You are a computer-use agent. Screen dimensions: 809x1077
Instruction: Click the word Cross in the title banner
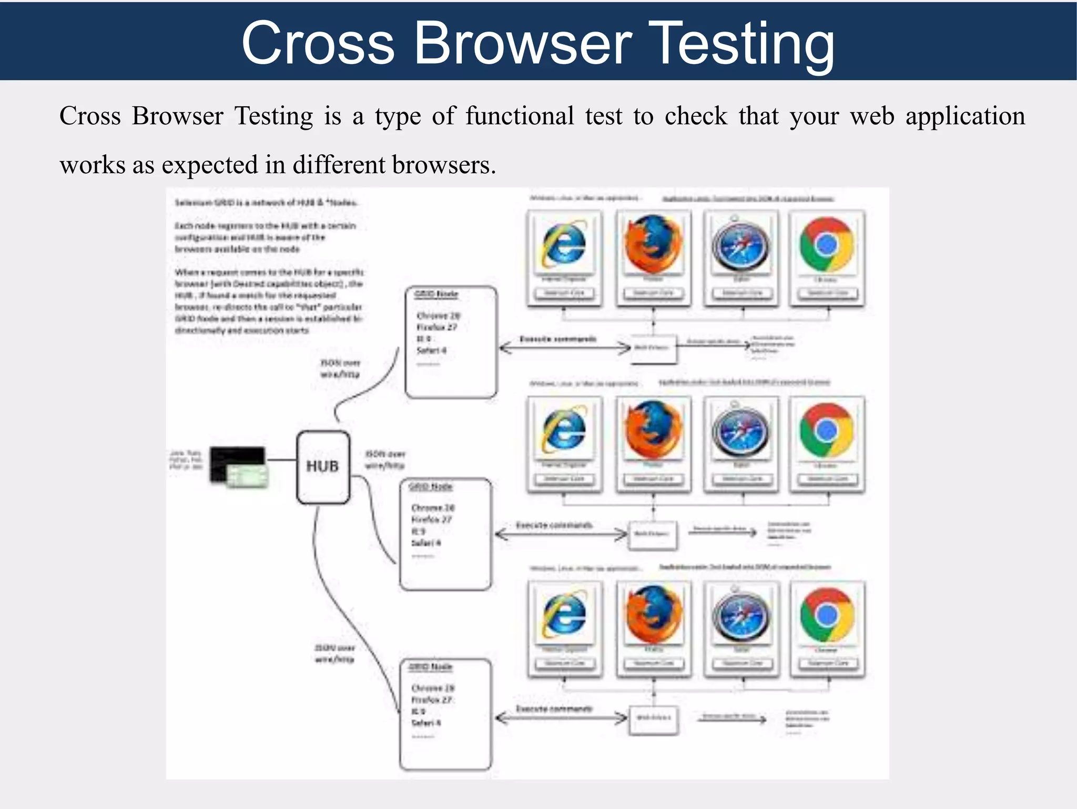[x=318, y=44]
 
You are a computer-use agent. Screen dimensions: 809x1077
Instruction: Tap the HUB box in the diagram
[x=323, y=467]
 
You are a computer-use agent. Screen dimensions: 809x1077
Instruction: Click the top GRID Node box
[x=451, y=342]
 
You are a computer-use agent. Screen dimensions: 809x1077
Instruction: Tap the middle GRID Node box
[x=445, y=534]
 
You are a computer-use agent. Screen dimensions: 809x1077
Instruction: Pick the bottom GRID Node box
[x=445, y=714]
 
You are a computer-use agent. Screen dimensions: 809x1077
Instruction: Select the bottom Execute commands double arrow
[x=561, y=718]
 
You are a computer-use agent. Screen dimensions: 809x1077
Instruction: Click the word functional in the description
[x=520, y=116]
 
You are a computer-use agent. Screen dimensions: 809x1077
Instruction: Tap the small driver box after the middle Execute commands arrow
[x=653, y=534]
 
